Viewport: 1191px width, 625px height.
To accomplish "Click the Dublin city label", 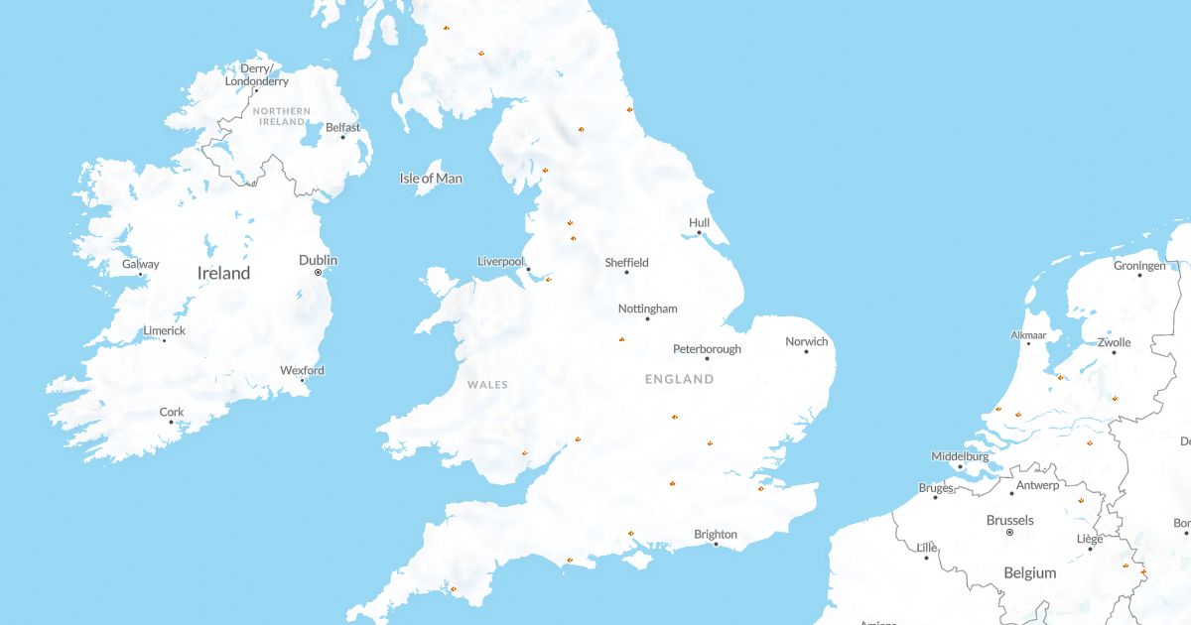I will coord(318,260).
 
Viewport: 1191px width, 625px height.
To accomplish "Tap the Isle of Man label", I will coord(431,179).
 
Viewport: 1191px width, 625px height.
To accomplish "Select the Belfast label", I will coord(342,127).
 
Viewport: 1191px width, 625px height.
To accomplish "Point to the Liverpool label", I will coord(500,261).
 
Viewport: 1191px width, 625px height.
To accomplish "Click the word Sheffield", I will coord(626,262).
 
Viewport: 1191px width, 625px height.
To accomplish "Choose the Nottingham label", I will coord(647,309).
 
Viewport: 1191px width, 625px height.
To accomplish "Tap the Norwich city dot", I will coord(806,351).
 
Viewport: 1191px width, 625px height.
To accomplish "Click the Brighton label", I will coord(715,534).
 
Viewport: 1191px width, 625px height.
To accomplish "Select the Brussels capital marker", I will coord(1009,533).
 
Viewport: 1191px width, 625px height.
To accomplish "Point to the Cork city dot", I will coord(171,423).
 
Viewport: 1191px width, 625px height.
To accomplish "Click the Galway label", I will coord(140,264).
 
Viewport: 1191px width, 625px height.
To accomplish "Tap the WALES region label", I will coord(487,384).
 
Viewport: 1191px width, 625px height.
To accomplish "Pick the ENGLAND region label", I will coord(679,379).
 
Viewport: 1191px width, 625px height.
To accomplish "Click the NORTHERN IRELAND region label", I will coord(282,116).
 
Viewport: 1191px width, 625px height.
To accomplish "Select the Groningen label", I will coord(1139,266).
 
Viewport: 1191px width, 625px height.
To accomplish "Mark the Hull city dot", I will coord(699,233).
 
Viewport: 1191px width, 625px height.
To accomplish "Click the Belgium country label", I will coord(1029,572).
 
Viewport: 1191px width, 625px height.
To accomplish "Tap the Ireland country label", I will coord(223,273).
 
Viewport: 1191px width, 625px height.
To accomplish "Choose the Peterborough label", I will coord(707,348).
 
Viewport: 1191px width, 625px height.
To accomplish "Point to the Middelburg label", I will coord(960,456).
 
